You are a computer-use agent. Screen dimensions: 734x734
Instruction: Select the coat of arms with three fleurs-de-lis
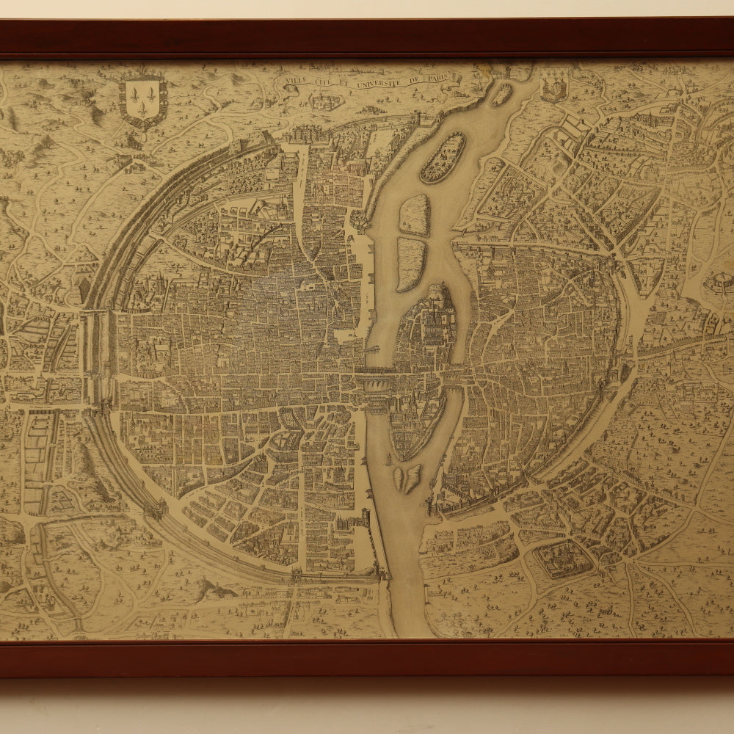[142, 98]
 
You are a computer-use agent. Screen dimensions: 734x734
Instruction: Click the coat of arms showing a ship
[553, 87]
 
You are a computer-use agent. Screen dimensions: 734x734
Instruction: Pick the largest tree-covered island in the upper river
[442, 158]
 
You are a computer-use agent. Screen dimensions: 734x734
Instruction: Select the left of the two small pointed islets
[399, 479]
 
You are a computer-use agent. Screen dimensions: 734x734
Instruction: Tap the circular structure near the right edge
[719, 283]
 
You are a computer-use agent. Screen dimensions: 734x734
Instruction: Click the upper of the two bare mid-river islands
[415, 215]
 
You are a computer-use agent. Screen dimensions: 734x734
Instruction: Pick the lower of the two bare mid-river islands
[411, 263]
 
